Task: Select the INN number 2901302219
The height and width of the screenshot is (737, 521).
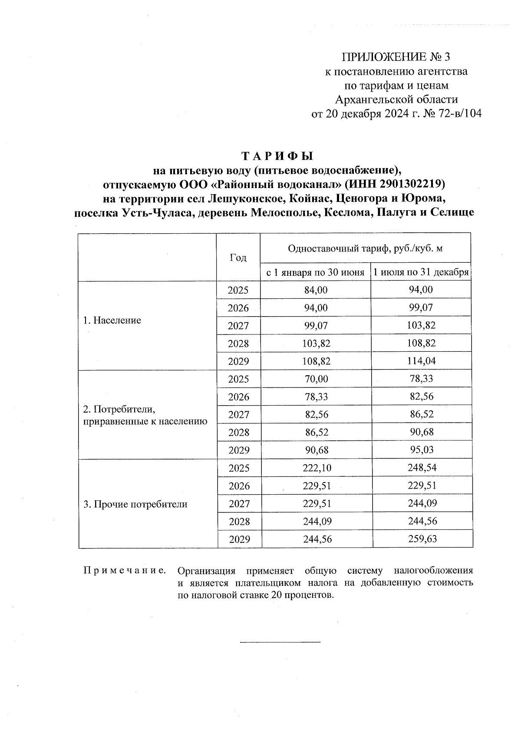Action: pos(412,184)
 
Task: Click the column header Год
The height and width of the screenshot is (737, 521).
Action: pos(238,258)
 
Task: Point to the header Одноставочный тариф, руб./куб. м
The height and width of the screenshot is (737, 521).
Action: pos(365,248)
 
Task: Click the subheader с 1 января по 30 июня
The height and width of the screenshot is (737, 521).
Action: pos(315,273)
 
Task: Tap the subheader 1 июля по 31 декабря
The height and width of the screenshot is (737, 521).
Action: pos(421,273)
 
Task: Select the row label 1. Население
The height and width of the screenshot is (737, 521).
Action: pos(112,321)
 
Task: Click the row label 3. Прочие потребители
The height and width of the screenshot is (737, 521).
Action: pos(135,504)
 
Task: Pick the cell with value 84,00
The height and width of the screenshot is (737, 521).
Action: pos(316,290)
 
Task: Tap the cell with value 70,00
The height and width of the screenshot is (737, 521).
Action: pos(316,379)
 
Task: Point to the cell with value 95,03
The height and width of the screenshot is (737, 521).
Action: pos(421,450)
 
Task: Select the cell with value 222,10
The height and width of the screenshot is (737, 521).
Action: pos(316,468)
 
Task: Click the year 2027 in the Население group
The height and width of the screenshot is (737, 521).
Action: pos(238,326)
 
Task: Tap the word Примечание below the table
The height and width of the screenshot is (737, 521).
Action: pos(125,570)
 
